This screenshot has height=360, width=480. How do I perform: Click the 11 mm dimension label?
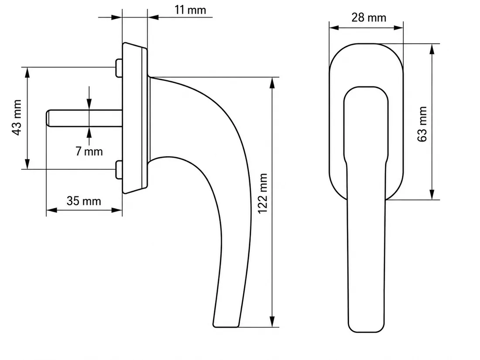click(x=190, y=10)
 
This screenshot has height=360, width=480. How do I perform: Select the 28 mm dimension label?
click(x=369, y=17)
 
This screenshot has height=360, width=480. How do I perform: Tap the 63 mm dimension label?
click(x=422, y=124)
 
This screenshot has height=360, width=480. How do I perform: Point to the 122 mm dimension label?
click(x=263, y=193)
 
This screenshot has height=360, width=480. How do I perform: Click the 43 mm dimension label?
click(x=17, y=117)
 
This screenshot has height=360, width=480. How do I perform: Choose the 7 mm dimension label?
click(x=89, y=151)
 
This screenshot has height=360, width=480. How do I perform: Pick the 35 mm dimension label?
click(x=84, y=201)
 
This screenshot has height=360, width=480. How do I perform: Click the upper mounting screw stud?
click(x=119, y=68)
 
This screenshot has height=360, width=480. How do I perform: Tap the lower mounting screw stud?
click(x=119, y=170)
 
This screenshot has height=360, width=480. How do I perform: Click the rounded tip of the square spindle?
click(x=48, y=118)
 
